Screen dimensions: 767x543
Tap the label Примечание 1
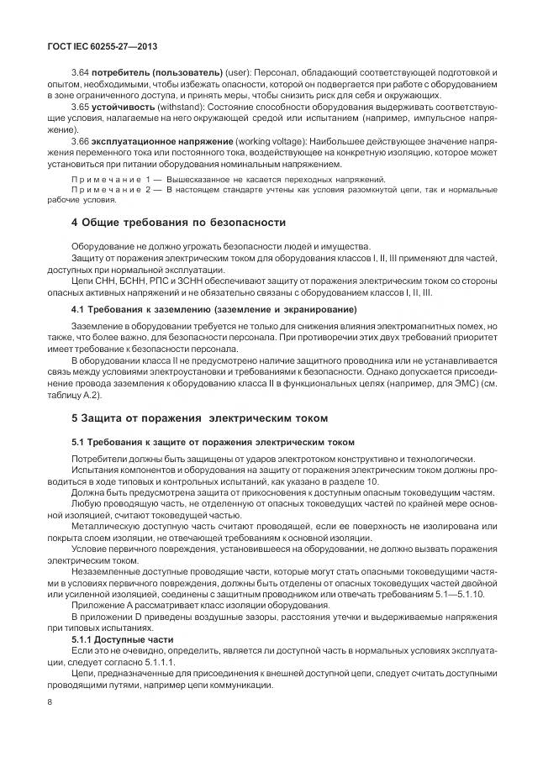point(109,179)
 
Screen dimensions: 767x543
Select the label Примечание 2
point(109,190)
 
